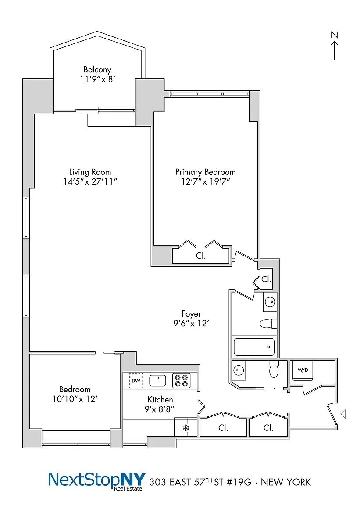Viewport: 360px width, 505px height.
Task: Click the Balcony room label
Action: [x=97, y=70]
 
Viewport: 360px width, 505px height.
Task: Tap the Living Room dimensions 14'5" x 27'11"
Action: [x=90, y=181]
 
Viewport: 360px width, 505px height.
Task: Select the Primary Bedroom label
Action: [x=205, y=172]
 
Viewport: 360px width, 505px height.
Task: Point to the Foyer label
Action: [x=191, y=314]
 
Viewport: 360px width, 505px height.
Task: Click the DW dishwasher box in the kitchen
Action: [x=136, y=381]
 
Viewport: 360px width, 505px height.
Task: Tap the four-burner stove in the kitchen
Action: [x=182, y=381]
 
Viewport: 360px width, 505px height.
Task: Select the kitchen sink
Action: [x=157, y=381]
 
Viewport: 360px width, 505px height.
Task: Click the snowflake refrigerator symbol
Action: [x=185, y=428]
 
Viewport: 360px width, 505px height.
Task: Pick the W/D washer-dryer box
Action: [x=303, y=370]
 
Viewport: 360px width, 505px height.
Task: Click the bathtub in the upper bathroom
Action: [x=254, y=347]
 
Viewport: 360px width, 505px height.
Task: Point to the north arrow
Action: [x=335, y=50]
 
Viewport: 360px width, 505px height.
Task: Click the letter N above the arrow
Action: [x=335, y=35]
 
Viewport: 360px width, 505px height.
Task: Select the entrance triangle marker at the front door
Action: [x=343, y=414]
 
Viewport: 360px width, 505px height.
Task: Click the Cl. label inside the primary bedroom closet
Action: [x=201, y=256]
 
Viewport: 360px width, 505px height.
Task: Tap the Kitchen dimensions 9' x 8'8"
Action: [x=160, y=409]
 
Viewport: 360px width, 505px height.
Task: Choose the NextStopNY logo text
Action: [x=97, y=480]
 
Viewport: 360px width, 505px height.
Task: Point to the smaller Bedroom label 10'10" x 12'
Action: [x=75, y=394]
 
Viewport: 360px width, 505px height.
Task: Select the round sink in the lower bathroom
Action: [x=239, y=370]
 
